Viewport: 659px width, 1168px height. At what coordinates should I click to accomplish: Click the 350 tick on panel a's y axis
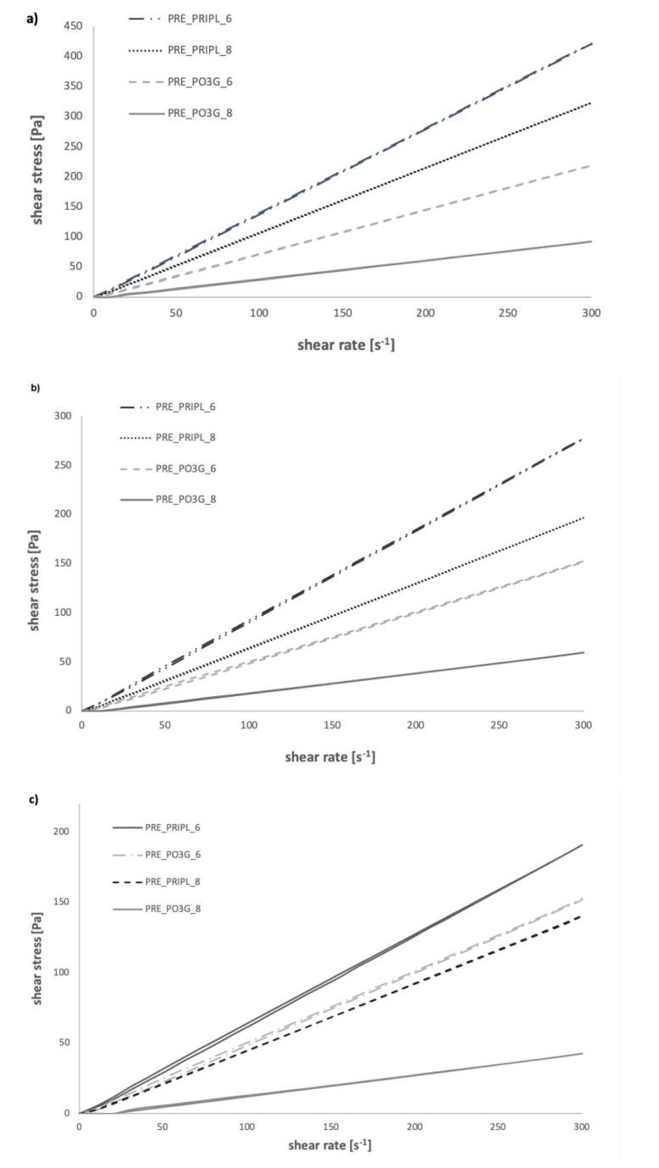coord(75,86)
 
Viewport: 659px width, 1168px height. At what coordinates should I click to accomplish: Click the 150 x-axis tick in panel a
coord(342,313)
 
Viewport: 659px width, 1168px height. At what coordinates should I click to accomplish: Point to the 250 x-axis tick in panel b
coord(499,726)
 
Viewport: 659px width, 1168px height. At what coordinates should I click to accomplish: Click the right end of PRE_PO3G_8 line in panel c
coord(582,1054)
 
